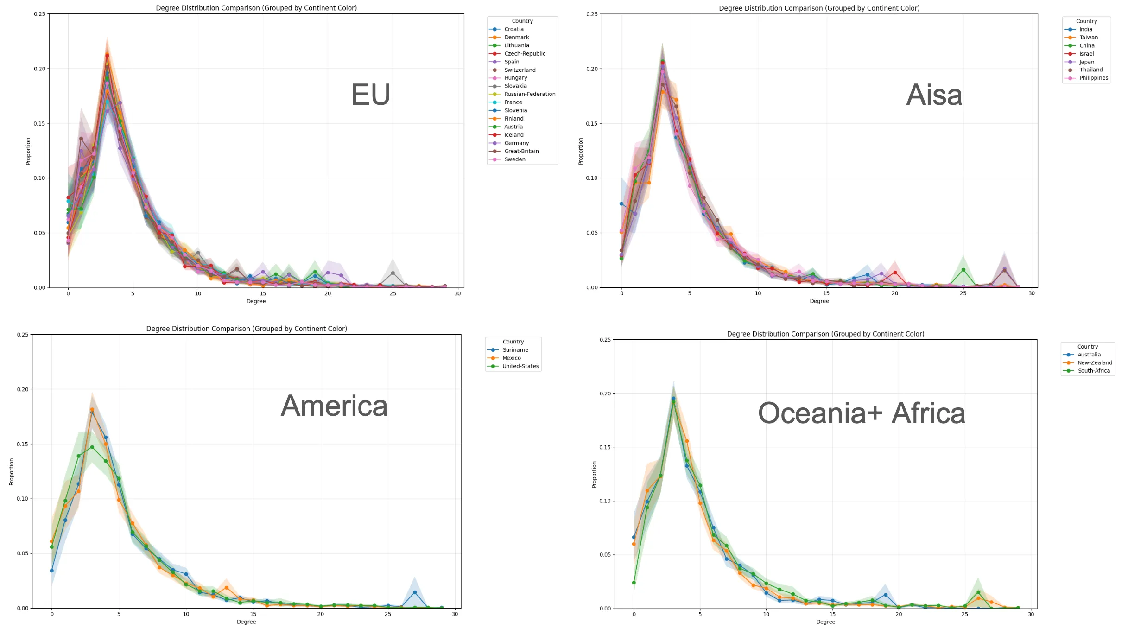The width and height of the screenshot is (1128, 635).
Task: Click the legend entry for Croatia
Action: click(513, 29)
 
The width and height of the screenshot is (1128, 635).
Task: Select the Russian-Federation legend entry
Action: click(529, 94)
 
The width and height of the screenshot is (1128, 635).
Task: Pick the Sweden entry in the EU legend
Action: click(514, 159)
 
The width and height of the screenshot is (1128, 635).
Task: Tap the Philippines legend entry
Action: click(1093, 78)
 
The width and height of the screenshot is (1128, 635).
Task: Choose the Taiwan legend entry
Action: click(1088, 38)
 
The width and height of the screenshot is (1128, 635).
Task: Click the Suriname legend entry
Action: click(515, 350)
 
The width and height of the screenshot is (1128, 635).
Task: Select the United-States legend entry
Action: click(520, 366)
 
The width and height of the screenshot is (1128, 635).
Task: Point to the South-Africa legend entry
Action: click(1093, 371)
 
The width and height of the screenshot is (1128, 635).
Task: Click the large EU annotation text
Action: click(370, 95)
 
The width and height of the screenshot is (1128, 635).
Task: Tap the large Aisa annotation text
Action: click(934, 95)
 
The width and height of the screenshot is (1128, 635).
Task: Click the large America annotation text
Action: click(334, 406)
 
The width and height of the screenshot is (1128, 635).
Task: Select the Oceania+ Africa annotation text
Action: click(862, 413)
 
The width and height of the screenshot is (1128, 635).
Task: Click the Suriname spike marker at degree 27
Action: click(415, 592)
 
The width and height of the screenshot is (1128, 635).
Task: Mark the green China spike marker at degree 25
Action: click(963, 270)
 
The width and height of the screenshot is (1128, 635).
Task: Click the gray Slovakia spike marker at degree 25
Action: click(393, 273)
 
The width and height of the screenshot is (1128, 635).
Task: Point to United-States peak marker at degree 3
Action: click(92, 447)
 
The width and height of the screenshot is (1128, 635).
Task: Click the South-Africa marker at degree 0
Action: click(634, 583)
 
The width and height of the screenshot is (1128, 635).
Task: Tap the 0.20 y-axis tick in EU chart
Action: click(39, 69)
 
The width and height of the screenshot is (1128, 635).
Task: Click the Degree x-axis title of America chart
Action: click(246, 622)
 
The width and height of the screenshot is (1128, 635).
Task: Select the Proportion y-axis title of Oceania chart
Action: click(594, 474)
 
